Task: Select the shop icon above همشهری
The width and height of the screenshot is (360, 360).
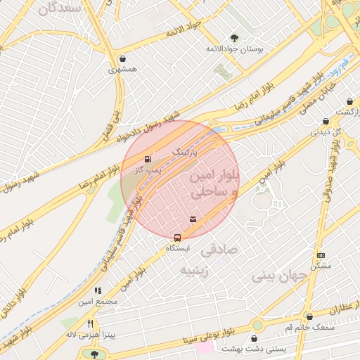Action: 124,59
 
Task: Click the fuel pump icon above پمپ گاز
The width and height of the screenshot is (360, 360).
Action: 147,159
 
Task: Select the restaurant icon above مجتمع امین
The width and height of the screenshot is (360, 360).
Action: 98,290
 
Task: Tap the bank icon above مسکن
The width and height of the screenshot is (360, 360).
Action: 321,256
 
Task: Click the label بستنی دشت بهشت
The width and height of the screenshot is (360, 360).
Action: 250,349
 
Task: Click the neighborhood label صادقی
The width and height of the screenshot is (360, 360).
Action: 219,250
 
